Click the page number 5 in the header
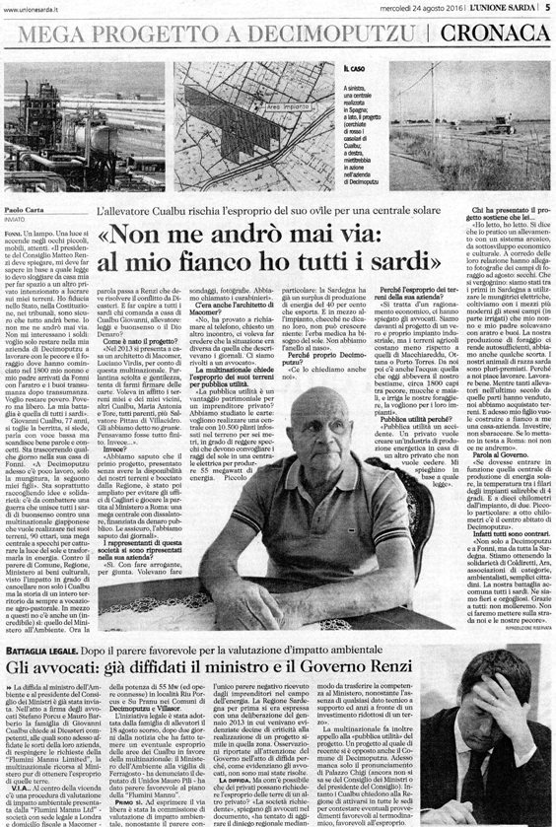tap(546, 8)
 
